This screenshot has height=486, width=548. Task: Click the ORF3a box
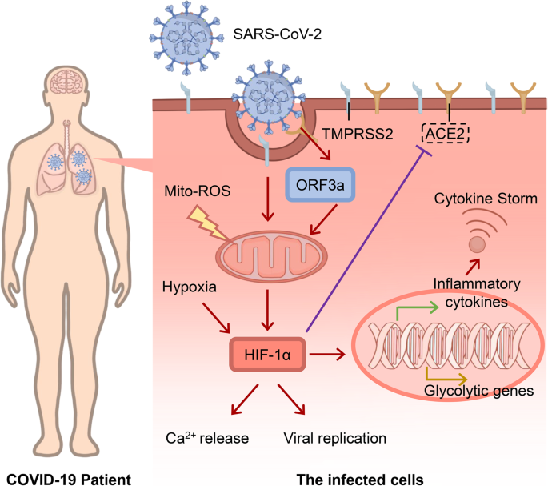click(320, 185)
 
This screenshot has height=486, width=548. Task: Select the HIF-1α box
click(267, 355)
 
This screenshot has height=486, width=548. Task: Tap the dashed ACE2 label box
click(446, 133)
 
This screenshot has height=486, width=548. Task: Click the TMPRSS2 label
click(357, 134)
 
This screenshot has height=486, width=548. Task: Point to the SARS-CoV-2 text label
click(277, 34)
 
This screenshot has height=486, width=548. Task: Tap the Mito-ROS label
click(198, 191)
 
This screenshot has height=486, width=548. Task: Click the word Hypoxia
click(189, 287)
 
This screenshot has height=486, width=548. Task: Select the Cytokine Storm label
click(486, 199)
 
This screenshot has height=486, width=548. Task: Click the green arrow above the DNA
click(417, 309)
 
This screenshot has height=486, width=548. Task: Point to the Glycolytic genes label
click(479, 391)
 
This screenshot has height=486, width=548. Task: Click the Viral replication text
click(335, 438)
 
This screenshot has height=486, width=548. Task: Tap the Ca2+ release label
click(207, 437)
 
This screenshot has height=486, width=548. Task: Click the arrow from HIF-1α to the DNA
click(327, 355)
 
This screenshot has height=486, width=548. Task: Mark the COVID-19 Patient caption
click(69, 479)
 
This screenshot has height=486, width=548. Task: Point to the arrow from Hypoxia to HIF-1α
click(216, 318)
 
